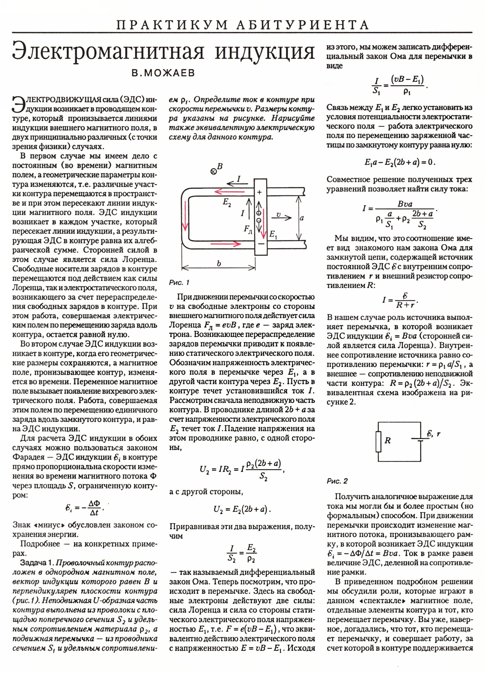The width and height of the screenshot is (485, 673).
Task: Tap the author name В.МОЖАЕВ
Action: pos(163,73)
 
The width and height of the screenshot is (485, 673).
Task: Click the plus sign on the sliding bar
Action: pos(259,192)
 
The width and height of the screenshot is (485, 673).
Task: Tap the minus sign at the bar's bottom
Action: pos(261,243)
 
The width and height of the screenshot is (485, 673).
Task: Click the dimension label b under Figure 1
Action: pos(219,263)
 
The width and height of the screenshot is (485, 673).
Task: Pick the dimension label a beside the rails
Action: pos(302,218)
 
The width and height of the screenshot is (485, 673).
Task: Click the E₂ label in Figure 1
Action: pos(227,203)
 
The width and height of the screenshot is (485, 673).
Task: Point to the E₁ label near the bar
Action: pos(273,234)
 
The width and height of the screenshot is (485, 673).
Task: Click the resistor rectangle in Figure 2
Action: pos(378,441)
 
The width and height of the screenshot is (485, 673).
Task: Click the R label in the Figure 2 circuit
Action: pos(387,441)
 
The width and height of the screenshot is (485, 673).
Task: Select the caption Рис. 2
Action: pos(337,481)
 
